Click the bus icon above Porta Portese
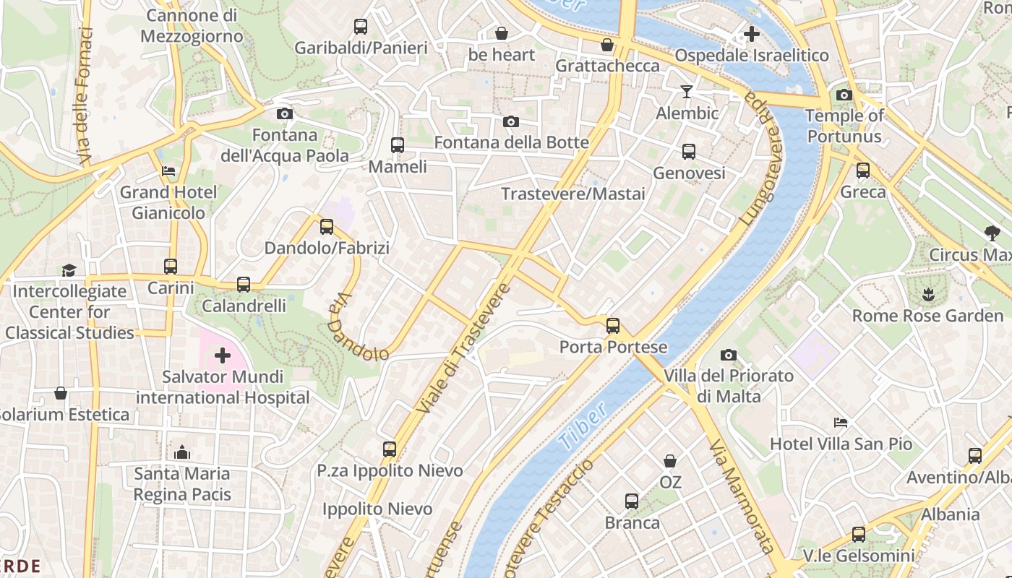pyautogui.click(x=613, y=326)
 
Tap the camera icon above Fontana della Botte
pyautogui.click(x=511, y=121)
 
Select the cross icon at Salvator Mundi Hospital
pyautogui.click(x=223, y=355)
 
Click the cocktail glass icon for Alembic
pyautogui.click(x=687, y=92)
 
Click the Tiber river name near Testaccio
pyautogui.click(x=583, y=428)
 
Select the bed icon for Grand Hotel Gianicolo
pyautogui.click(x=168, y=171)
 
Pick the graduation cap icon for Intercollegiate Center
pyautogui.click(x=69, y=270)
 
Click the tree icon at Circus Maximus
pyautogui.click(x=992, y=233)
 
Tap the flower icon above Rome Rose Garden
pyautogui.click(x=927, y=294)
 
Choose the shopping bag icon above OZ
pyautogui.click(x=670, y=460)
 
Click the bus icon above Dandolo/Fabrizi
pyautogui.click(x=327, y=227)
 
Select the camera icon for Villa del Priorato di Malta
pyautogui.click(x=729, y=355)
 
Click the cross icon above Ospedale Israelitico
pyautogui.click(x=752, y=33)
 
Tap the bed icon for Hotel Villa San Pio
pyautogui.click(x=841, y=423)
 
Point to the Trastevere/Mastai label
pyautogui.click(x=573, y=194)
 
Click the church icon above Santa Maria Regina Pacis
pyautogui.click(x=182, y=452)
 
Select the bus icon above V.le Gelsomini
pyautogui.click(x=859, y=535)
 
